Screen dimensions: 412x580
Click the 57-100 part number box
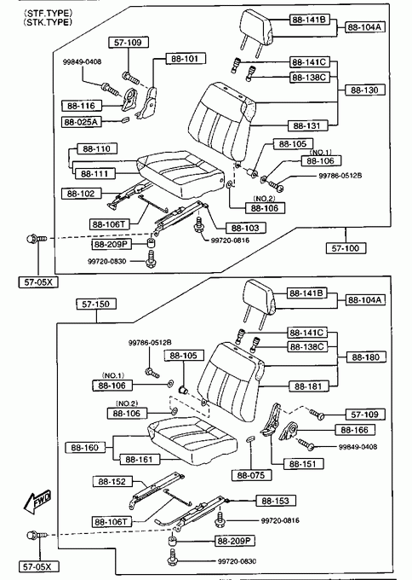pos(346,248)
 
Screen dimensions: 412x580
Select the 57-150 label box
pos(96,304)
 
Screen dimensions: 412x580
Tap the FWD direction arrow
pos(37,502)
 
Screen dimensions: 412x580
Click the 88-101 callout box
pos(186,59)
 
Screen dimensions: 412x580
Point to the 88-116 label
pos(81,106)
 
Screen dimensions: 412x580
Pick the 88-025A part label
pos(81,122)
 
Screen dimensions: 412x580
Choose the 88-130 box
pos(364,90)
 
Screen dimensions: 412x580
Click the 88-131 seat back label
pos(306,125)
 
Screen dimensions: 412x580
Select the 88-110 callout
pos(97,148)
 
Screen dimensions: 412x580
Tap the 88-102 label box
pos(81,194)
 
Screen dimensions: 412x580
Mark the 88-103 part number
pos(245,228)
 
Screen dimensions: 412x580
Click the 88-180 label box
pos(366,357)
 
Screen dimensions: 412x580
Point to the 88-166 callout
pos(355,430)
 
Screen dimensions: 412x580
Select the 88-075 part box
pos(251,475)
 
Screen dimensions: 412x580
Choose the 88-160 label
pos(85,448)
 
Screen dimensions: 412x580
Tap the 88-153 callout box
pos(276,501)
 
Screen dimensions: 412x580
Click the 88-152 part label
pos(112,482)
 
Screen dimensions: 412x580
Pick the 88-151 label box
pos(303,464)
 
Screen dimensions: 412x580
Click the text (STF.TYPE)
pos(48,14)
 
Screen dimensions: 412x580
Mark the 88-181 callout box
pos(308,386)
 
